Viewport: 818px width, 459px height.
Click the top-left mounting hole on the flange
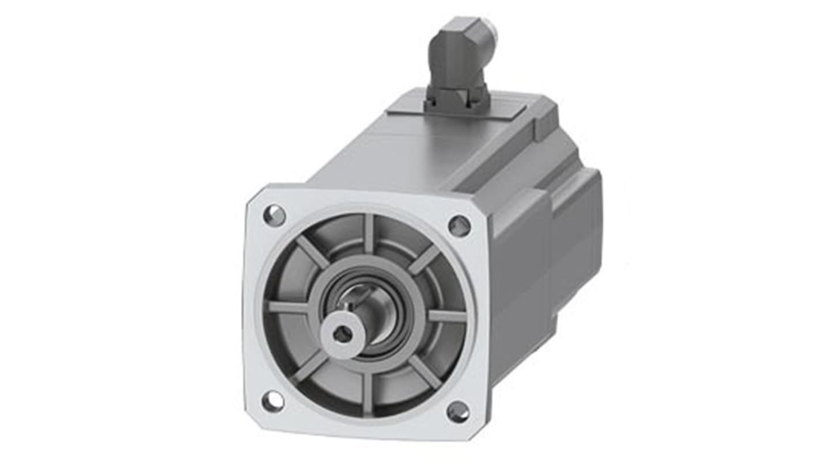pos(274,216)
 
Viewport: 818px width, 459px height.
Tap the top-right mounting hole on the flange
pos(459,225)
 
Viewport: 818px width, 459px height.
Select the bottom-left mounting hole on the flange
pos(272,400)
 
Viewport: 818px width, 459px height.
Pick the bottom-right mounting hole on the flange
pos(458,411)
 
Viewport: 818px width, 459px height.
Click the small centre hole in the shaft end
pos(343,334)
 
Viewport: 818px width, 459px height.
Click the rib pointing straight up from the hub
pos(369,233)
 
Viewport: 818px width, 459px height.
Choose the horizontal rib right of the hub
pos(446,316)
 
